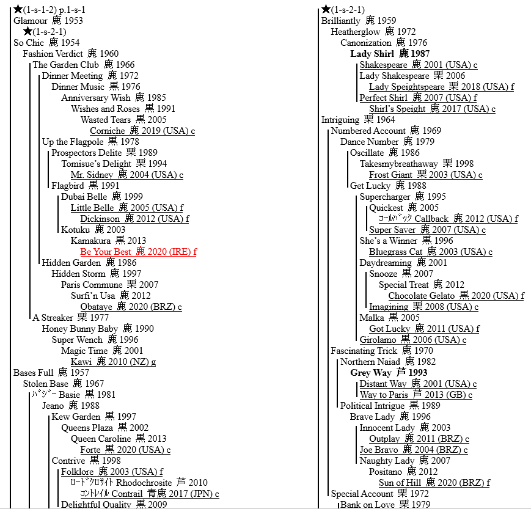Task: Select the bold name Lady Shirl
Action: (x=372, y=54)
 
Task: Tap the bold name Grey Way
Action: (x=370, y=373)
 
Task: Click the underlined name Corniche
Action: (x=108, y=131)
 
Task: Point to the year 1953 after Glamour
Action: (x=73, y=21)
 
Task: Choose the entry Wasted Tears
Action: (x=106, y=120)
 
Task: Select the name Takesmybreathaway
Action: (x=398, y=164)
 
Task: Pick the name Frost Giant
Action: (x=391, y=175)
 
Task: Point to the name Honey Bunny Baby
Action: (x=80, y=329)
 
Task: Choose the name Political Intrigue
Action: (x=372, y=406)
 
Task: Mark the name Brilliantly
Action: (x=341, y=21)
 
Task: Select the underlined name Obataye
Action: (x=96, y=307)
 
